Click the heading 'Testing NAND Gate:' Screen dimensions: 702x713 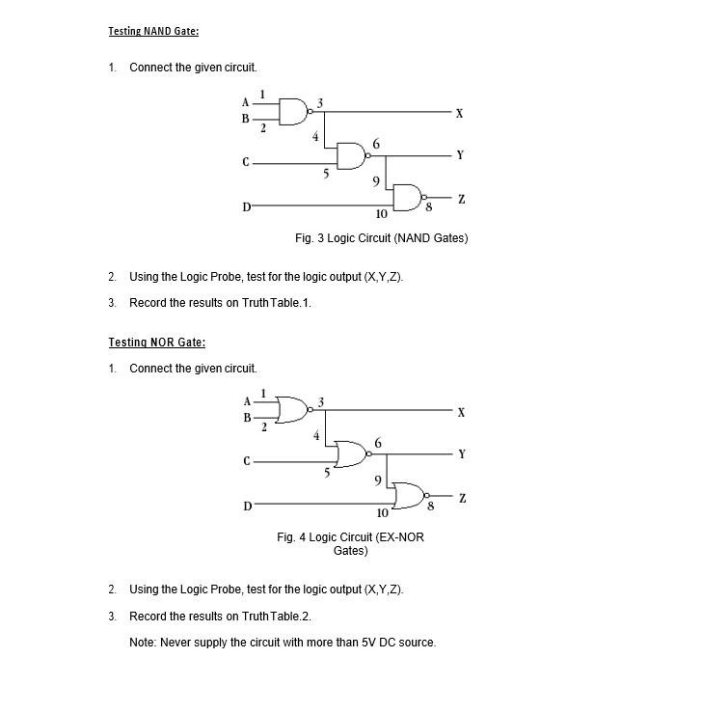153,31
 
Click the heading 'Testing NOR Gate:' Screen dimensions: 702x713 156,342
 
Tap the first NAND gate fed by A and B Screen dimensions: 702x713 293,112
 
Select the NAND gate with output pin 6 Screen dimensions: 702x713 351,155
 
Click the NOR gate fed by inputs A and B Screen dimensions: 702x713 292,410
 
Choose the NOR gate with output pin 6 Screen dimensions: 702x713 350,453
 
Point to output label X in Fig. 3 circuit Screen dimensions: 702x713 459,114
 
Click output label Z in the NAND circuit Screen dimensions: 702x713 461,200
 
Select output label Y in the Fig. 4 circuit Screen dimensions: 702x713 462,454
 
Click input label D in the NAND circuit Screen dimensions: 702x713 246,206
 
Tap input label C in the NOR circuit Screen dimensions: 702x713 247,462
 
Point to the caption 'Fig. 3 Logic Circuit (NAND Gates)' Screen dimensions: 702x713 381,238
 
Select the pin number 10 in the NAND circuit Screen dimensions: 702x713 381,214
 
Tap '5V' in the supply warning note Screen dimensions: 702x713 370,643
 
